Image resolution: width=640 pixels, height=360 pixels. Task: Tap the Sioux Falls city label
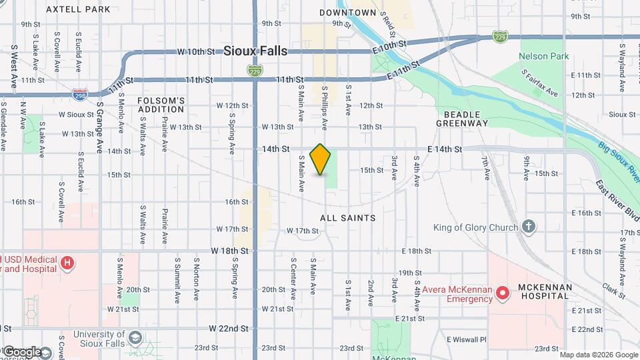tap(255, 51)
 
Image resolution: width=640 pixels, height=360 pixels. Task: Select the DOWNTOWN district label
tap(347, 13)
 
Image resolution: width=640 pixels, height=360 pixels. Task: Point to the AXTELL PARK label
tap(87, 9)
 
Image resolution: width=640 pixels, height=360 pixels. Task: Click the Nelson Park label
tap(544, 56)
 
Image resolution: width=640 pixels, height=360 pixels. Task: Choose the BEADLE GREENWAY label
tap(462, 118)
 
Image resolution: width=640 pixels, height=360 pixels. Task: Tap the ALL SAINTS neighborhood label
tap(347, 218)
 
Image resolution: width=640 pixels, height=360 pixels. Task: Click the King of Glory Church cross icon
tap(529, 227)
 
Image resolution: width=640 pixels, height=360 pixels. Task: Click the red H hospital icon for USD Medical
tap(67, 263)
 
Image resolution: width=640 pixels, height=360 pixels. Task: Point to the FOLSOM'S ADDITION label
tap(161, 105)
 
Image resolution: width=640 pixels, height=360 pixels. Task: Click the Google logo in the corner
tap(21, 351)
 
